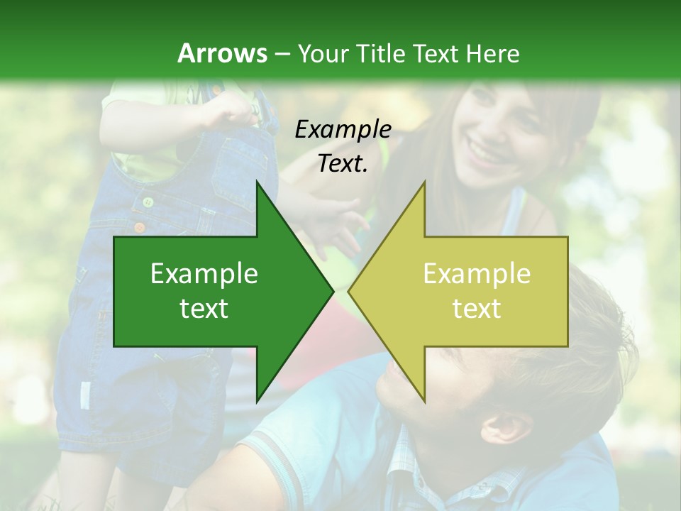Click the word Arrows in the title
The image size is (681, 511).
pos(222,53)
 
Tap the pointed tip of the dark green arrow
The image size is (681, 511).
pos(331,291)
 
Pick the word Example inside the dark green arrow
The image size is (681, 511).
pos(204,274)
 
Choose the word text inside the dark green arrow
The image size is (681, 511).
pos(204,309)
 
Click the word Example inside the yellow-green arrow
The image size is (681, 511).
pos(477,274)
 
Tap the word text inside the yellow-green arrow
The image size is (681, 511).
pos(477,309)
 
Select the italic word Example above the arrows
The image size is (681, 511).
pos(343,129)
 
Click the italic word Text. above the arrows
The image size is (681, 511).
pos(343,164)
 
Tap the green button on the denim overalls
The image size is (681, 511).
pos(148,202)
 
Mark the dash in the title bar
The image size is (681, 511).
pos(282,54)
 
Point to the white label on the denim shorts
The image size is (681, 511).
pos(86,395)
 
